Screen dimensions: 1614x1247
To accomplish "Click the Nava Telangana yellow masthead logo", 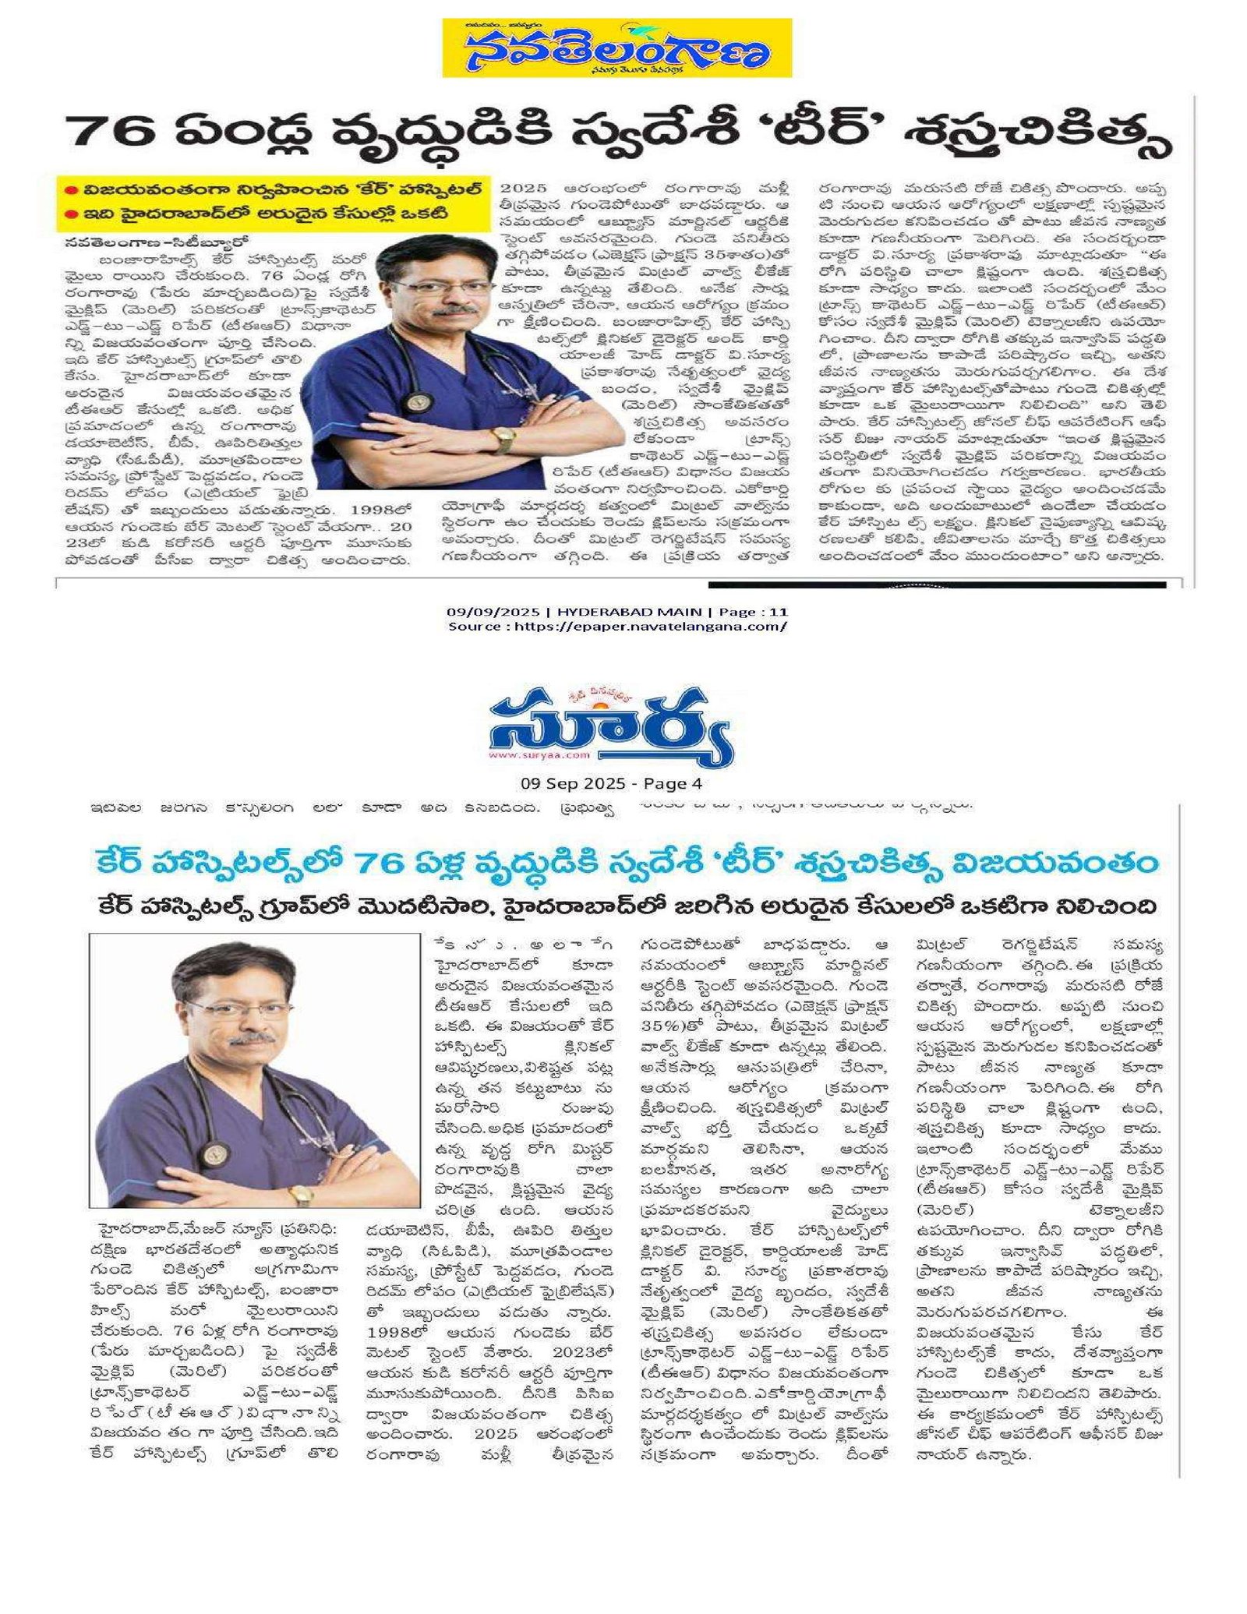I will (616, 48).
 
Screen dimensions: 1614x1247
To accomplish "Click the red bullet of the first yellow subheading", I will (69, 189).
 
